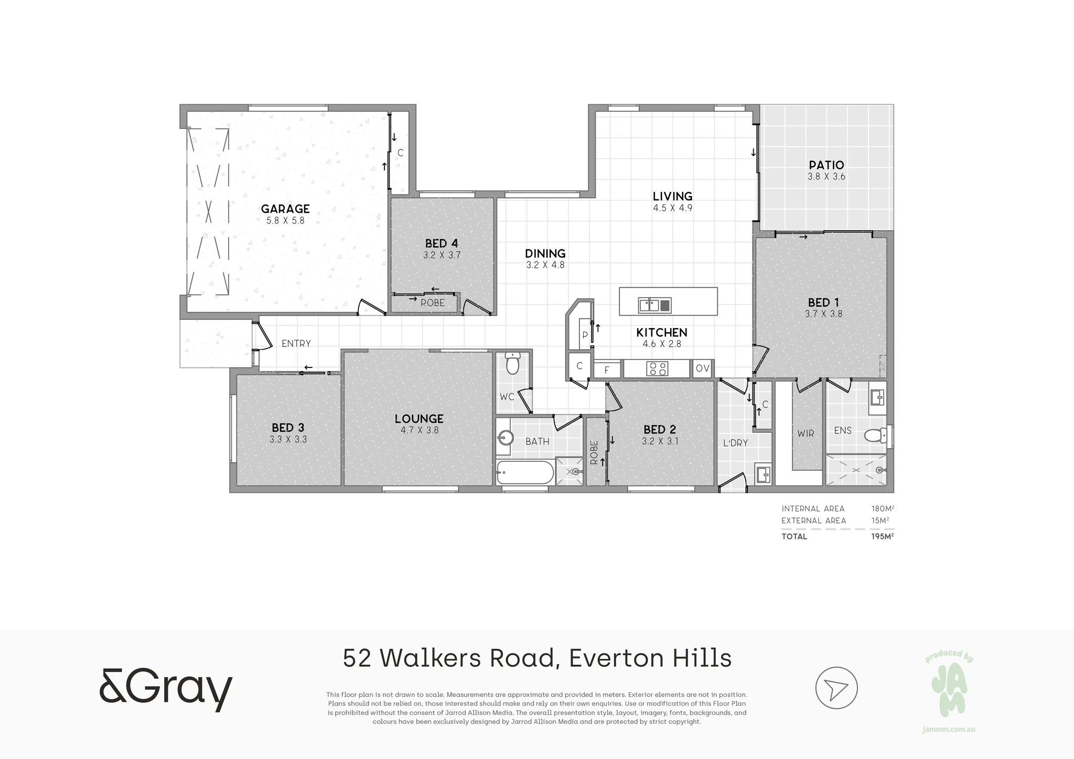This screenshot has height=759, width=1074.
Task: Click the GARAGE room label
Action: click(x=285, y=209)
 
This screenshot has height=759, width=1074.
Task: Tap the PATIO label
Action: click(x=826, y=165)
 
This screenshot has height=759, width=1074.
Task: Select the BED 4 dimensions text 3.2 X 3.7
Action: click(x=442, y=255)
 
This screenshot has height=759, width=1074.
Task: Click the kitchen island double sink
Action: click(x=654, y=305)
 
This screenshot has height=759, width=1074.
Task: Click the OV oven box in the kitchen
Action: click(x=703, y=368)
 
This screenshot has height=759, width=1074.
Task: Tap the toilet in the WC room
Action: click(x=512, y=362)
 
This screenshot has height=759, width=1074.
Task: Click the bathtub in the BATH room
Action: click(x=525, y=472)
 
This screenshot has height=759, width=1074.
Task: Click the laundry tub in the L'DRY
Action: click(x=763, y=474)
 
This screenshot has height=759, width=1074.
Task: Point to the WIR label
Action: click(x=805, y=433)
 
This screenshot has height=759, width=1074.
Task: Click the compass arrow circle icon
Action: click(x=836, y=688)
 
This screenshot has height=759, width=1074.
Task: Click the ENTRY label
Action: click(x=296, y=343)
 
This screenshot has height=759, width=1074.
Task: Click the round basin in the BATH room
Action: click(x=506, y=437)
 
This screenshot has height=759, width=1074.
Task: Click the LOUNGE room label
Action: click(x=419, y=418)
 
